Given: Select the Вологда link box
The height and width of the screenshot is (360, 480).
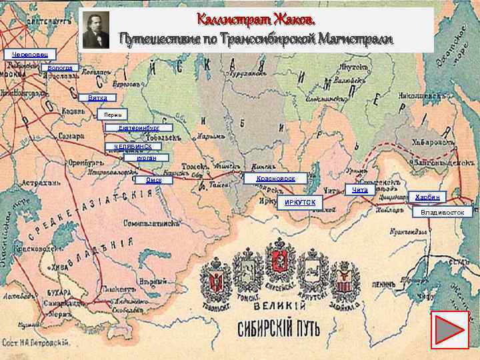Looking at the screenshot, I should coord(61,68).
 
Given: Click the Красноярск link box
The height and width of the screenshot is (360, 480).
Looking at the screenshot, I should coord(275,179).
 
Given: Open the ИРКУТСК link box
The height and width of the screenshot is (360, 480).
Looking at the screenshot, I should coord(300,202).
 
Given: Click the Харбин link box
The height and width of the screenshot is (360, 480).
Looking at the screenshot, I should coord(426,197).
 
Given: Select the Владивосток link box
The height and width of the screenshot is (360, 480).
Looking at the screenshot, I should coord(443,213).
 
